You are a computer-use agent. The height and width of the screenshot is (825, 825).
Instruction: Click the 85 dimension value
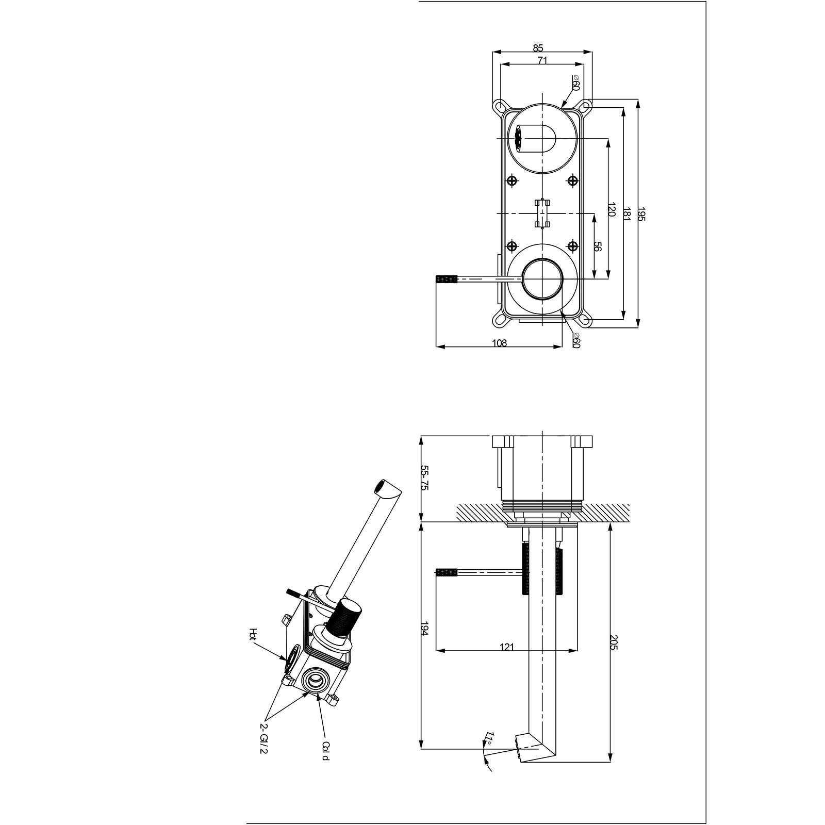pos(538,48)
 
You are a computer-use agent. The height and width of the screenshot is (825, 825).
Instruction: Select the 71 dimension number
pos(542,60)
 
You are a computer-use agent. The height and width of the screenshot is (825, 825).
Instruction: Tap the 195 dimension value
pos(641,214)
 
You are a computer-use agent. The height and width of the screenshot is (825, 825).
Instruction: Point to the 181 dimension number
pos(627,214)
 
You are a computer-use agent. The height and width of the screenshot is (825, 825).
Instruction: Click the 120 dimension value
pos(612,209)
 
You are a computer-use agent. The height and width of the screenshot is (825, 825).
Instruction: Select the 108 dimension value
pos(500,343)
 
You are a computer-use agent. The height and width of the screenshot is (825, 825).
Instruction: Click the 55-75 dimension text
pos(425,478)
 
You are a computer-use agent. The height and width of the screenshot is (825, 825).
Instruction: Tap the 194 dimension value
pos(425,629)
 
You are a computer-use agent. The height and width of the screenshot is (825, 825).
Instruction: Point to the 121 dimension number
pos(507,647)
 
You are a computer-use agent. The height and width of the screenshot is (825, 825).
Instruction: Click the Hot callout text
pos(252,635)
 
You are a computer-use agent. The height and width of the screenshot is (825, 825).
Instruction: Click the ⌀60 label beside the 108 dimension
pos(576,340)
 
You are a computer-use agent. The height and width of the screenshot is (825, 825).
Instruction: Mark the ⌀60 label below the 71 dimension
pos(576,82)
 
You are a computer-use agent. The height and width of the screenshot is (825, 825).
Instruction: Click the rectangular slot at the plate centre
pos(542,213)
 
